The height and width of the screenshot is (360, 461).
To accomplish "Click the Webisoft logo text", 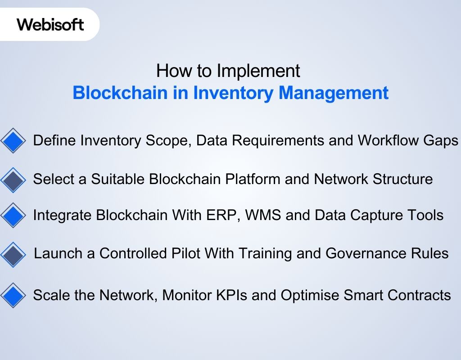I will (50, 24).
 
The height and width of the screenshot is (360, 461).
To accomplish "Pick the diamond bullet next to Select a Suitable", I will (14, 180).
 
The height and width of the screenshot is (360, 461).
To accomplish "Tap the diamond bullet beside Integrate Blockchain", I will (14, 215).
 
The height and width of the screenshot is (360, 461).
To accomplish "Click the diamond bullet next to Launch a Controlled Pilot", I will (14, 254).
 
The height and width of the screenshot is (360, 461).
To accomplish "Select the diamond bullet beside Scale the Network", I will (14, 296).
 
